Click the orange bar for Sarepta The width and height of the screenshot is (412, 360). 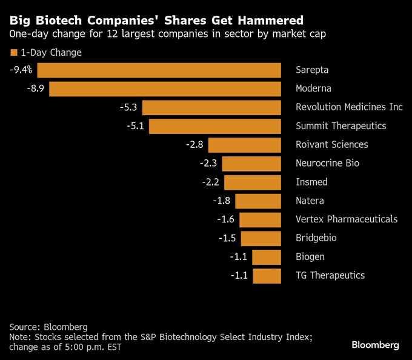click(159, 70)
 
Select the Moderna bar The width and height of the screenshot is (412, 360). click(165, 89)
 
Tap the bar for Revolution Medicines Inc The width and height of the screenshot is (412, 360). click(211, 108)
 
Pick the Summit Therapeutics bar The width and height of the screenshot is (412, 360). click(214, 126)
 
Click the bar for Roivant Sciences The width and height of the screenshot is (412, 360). click(245, 145)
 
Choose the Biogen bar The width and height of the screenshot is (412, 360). click(267, 257)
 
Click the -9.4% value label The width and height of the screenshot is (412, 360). click(21, 70)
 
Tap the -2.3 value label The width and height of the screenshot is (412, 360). click(209, 164)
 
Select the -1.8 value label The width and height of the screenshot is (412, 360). click(222, 201)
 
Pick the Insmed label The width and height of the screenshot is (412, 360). click(311, 182)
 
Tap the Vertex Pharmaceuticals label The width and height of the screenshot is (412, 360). click(347, 219)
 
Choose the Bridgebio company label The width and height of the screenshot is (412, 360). click(316, 238)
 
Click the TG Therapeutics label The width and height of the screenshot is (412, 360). click(330, 276)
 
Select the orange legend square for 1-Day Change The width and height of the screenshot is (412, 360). click(14, 52)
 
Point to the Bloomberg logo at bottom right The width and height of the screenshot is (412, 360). click(375, 345)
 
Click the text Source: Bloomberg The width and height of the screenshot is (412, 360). click(48, 327)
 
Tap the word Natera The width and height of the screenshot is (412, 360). click(310, 201)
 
